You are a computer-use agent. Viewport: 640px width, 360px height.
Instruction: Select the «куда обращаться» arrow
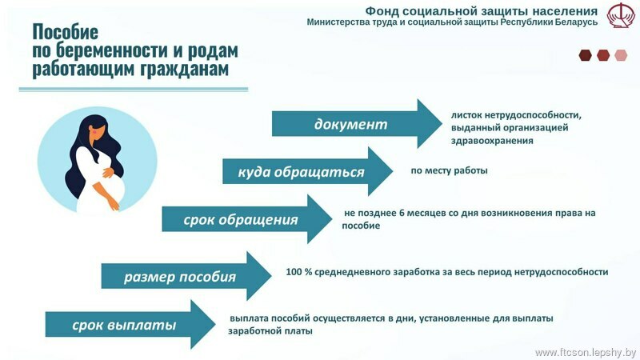tap(307, 171)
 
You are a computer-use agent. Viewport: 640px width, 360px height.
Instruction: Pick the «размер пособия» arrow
tap(186, 276)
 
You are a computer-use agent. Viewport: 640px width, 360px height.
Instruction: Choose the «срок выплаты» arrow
tap(130, 325)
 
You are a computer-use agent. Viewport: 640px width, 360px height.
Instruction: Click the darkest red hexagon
tap(586, 55)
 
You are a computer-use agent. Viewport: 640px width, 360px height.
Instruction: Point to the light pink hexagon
tap(621, 55)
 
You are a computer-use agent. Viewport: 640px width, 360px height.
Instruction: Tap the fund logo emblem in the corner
tap(621, 15)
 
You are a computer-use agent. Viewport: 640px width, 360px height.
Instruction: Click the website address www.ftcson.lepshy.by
tap(586, 352)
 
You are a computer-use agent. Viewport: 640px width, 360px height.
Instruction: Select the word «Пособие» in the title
tap(66, 31)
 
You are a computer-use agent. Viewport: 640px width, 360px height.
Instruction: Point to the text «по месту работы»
tap(449, 170)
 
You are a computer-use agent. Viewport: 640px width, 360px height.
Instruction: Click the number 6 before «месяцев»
tap(402, 213)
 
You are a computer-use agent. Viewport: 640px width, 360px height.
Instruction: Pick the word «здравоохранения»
tap(492, 141)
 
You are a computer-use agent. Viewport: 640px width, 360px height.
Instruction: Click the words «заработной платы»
tap(270, 331)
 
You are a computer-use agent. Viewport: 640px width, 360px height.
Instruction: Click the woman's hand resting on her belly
tap(108, 172)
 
